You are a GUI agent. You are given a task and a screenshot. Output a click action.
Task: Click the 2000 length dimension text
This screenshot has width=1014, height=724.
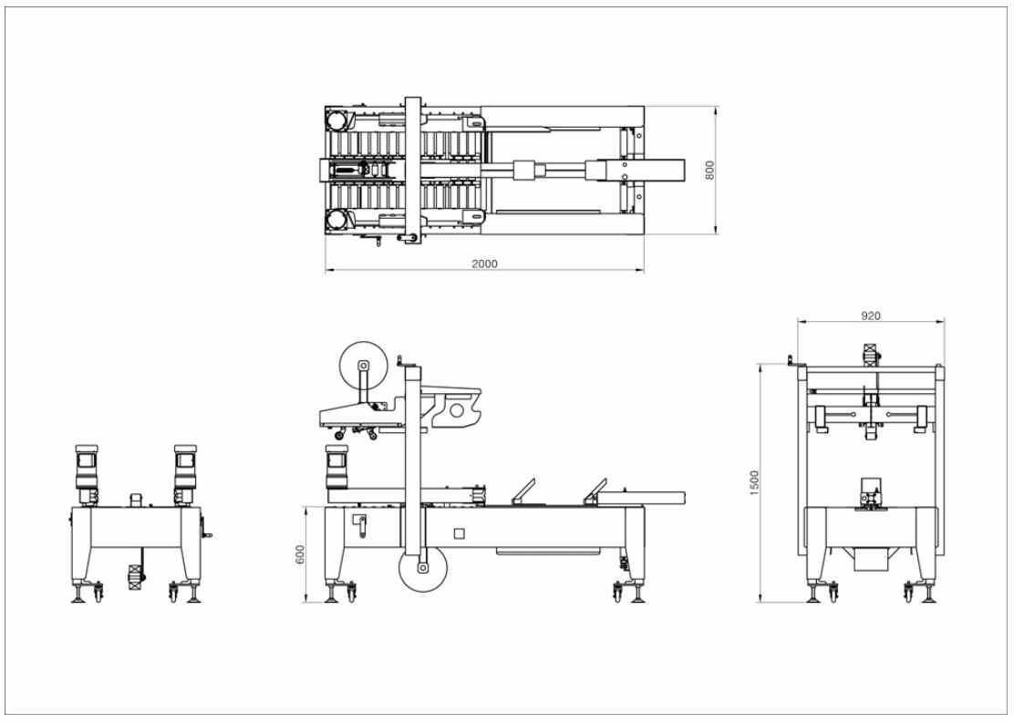tap(484, 264)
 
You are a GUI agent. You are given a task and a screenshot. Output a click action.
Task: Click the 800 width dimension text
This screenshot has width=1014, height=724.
tap(709, 170)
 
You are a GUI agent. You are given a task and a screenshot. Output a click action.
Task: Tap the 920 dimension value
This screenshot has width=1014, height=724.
tap(871, 316)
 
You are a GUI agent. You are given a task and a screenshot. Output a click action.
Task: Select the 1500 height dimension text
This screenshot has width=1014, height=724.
tap(755, 483)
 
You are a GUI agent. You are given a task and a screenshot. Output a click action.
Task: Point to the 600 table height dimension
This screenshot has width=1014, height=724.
tap(300, 554)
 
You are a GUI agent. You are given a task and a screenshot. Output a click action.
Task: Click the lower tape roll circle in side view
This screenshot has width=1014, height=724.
tap(424, 568)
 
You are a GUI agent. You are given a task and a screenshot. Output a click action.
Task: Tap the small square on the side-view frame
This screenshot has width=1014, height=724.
tap(460, 533)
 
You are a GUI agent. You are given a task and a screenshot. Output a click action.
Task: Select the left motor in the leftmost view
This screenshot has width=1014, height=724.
tap(86, 474)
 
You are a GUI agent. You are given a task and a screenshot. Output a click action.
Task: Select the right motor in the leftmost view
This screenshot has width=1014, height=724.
tap(184, 474)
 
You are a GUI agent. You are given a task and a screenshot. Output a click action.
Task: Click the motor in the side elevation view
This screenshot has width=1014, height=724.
tap(336, 468)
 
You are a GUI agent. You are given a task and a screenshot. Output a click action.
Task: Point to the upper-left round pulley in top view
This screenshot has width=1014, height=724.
tap(336, 120)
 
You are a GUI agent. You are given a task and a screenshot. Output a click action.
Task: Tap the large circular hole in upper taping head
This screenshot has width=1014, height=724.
tap(457, 409)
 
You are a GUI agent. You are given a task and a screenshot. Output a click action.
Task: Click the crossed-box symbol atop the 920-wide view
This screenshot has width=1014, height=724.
tap(871, 354)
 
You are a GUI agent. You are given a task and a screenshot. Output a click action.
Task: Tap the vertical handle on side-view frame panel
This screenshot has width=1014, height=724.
tap(361, 525)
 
